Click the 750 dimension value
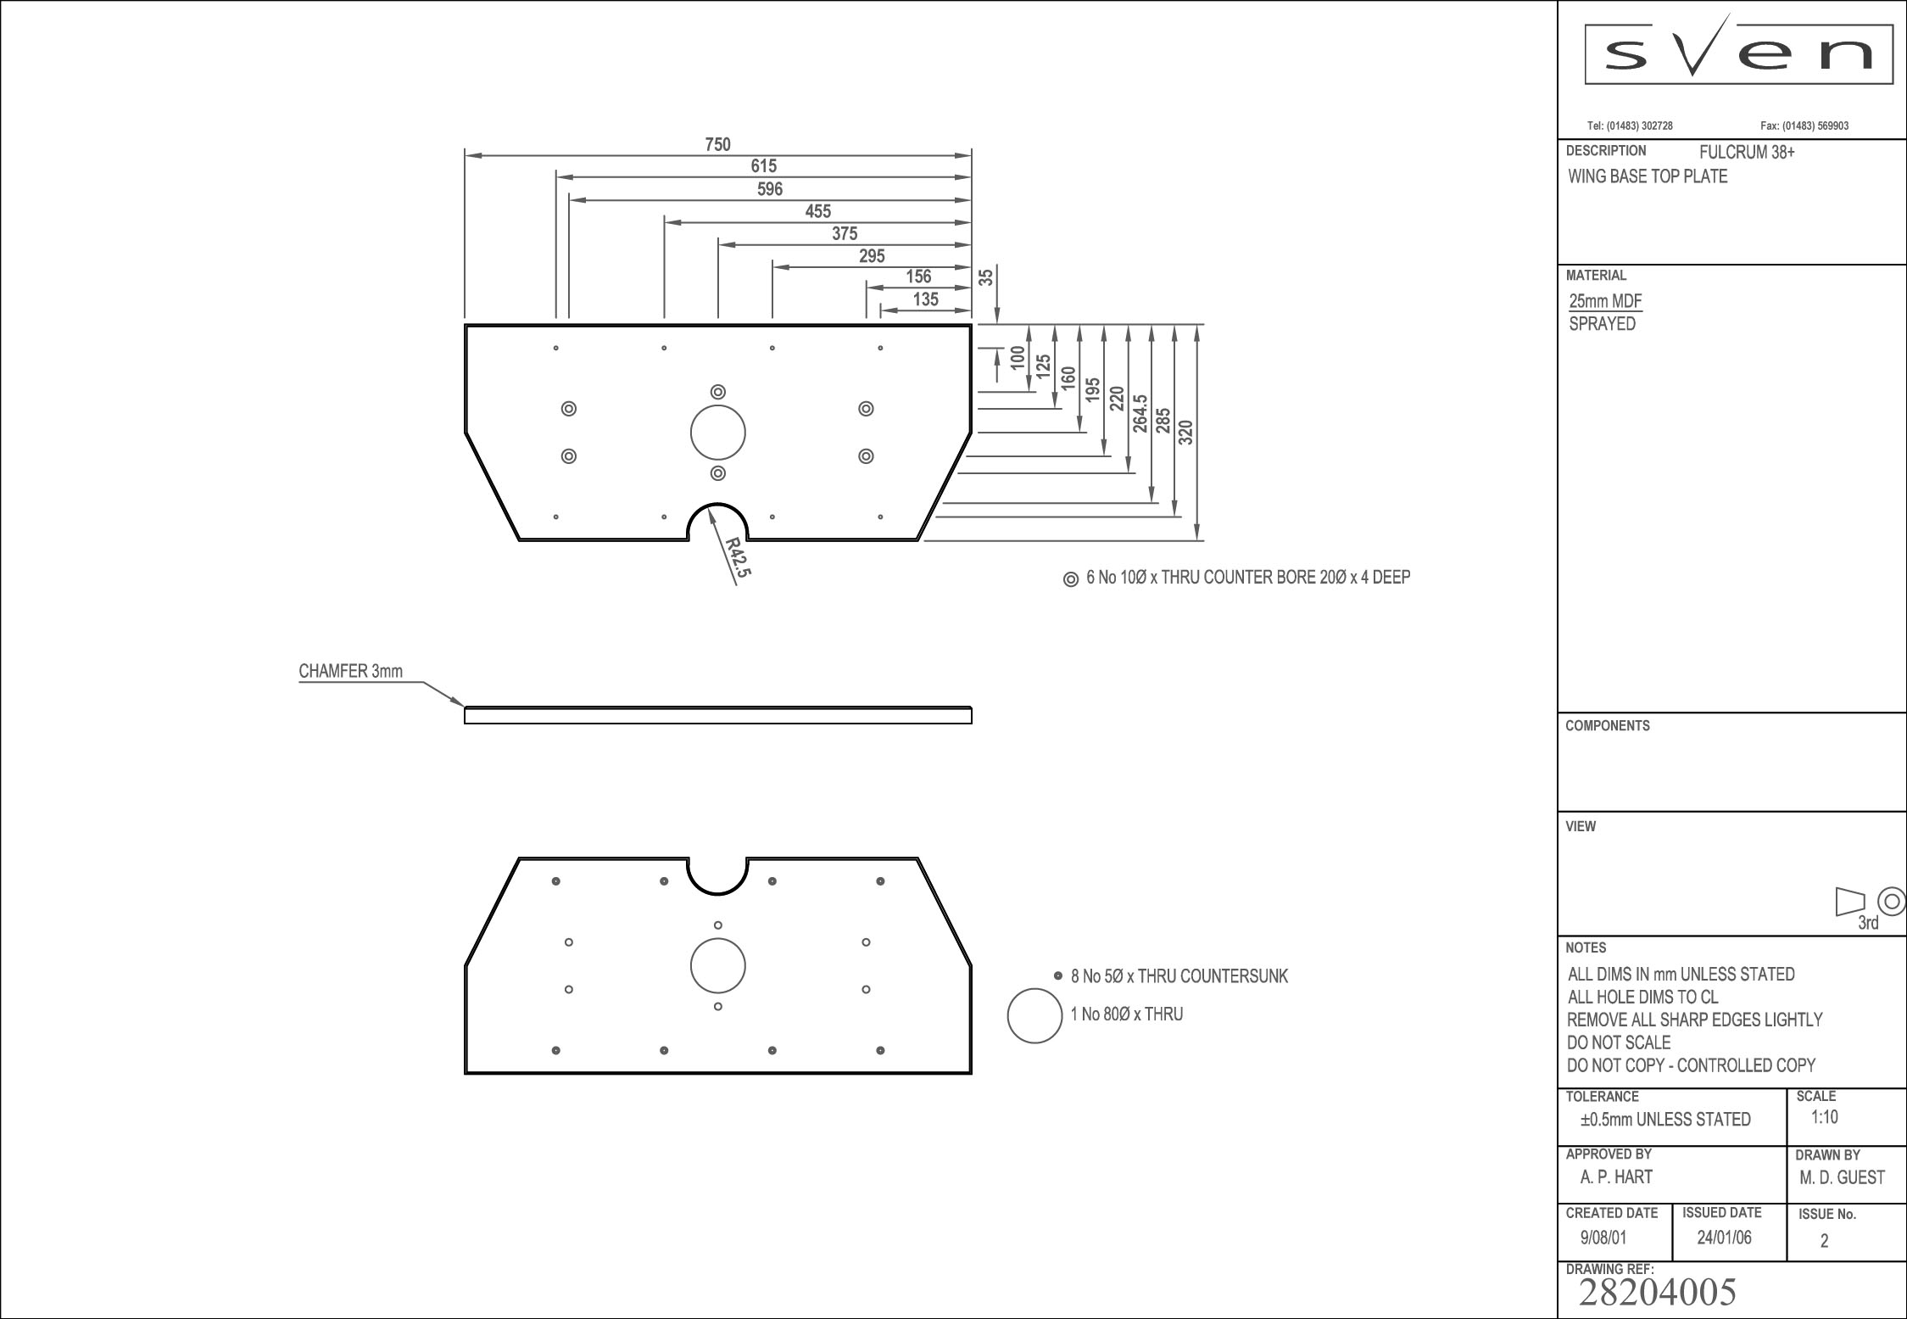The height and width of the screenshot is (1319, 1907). click(717, 144)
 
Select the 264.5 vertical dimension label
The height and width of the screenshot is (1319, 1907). click(1140, 414)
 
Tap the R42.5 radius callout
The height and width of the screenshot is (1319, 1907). click(738, 558)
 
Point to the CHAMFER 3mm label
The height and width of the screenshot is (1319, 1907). click(350, 672)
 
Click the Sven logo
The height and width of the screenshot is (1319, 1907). click(1738, 54)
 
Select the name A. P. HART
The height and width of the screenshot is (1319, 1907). click(1616, 1176)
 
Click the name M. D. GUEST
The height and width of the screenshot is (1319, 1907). click(1842, 1177)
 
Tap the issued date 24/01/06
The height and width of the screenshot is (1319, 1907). click(1724, 1238)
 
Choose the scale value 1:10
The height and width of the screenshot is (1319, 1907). click(1825, 1117)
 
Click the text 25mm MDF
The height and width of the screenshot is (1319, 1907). click(1605, 301)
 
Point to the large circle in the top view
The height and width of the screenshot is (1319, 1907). click(717, 433)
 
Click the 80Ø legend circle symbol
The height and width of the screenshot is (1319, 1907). click(1034, 1015)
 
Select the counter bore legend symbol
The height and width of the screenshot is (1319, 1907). click(1071, 578)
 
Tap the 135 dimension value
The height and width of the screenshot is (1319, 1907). click(925, 299)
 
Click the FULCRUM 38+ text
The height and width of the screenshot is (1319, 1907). click(1747, 153)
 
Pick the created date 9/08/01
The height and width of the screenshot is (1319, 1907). click(1603, 1238)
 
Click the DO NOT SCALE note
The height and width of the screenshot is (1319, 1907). click(1619, 1042)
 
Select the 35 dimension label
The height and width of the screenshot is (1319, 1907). click(986, 277)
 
